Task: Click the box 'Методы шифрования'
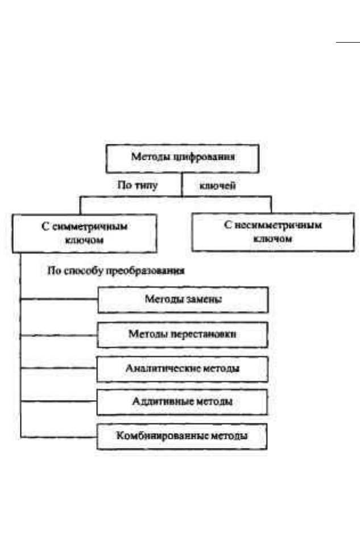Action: point(183,159)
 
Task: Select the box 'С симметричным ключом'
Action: point(85,234)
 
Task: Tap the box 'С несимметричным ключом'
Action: point(273,232)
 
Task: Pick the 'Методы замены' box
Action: point(183,300)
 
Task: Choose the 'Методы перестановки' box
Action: point(183,335)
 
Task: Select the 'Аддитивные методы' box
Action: point(182,402)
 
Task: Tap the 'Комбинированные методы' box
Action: point(182,437)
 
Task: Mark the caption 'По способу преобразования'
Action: point(116,271)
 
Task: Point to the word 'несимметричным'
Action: point(278,225)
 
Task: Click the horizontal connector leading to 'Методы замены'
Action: point(59,299)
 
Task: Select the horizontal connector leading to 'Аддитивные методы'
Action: point(59,401)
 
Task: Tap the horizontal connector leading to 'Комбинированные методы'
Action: point(59,437)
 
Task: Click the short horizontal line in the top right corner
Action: point(348,42)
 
